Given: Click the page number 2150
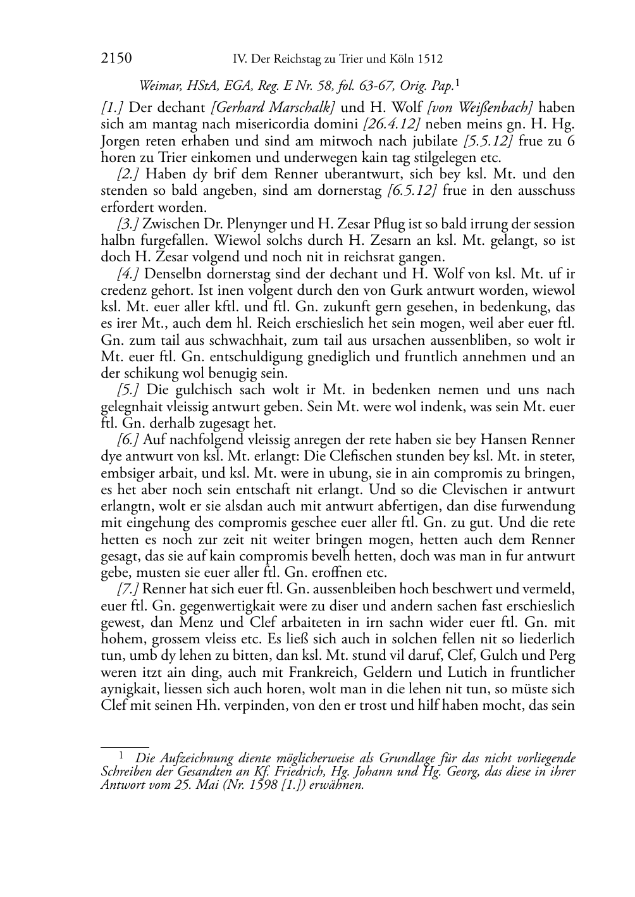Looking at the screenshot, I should (116, 59).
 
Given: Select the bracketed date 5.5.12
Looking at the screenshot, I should (488, 140).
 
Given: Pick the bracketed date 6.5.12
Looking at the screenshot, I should (412, 190).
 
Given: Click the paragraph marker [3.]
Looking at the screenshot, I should (128, 224).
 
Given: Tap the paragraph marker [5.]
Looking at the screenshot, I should (128, 390).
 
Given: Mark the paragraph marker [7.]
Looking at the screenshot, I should (128, 589).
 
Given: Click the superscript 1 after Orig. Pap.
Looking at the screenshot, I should (457, 82).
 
